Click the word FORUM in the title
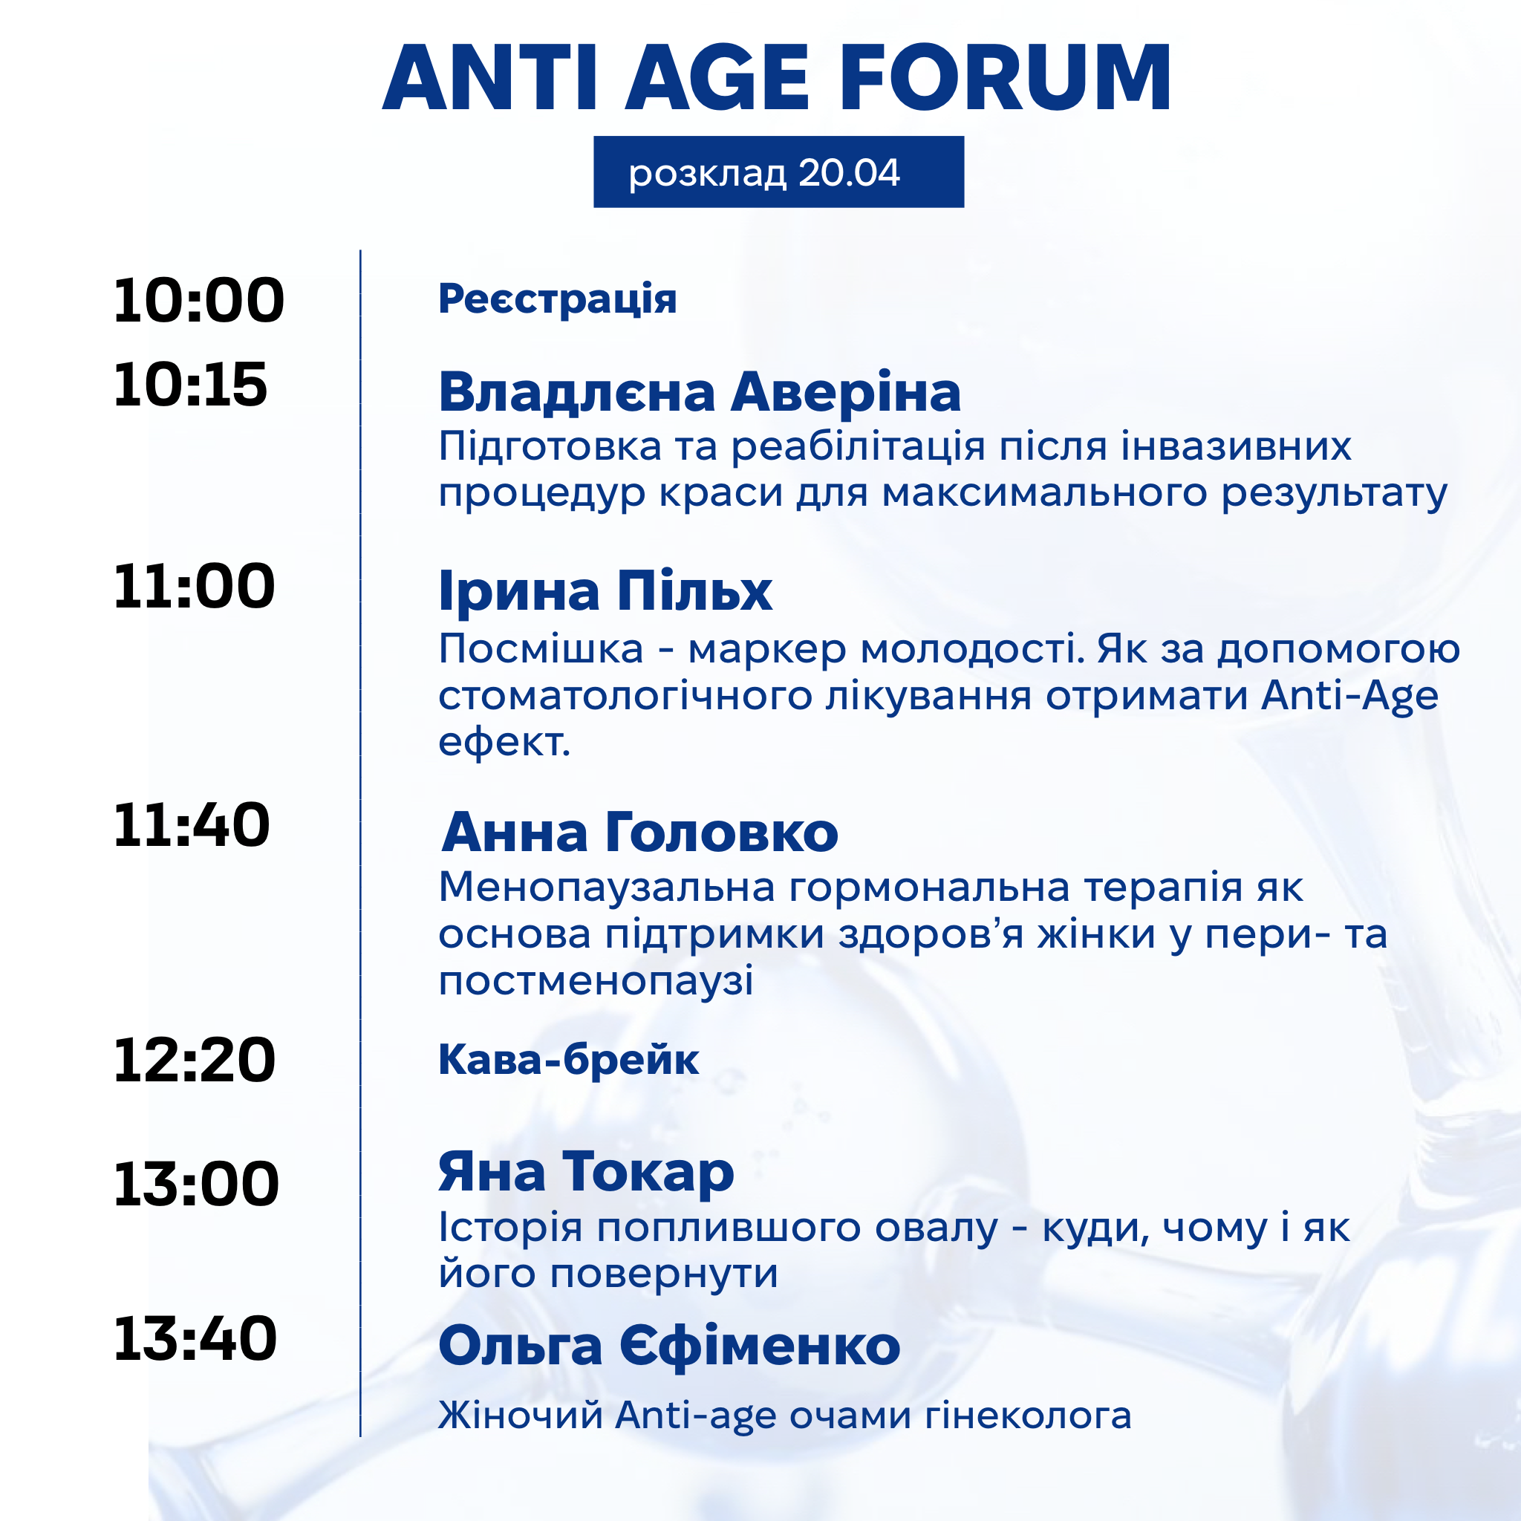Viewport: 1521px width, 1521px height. coord(1006,78)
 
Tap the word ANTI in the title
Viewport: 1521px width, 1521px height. coord(490,78)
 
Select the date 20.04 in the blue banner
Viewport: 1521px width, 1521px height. coord(849,172)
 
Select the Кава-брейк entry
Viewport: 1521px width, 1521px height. coord(568,1059)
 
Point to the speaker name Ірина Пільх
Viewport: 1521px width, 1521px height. coord(605,590)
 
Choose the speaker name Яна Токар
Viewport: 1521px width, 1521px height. coord(587,1173)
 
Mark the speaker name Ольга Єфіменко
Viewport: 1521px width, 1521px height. coord(669,1346)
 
